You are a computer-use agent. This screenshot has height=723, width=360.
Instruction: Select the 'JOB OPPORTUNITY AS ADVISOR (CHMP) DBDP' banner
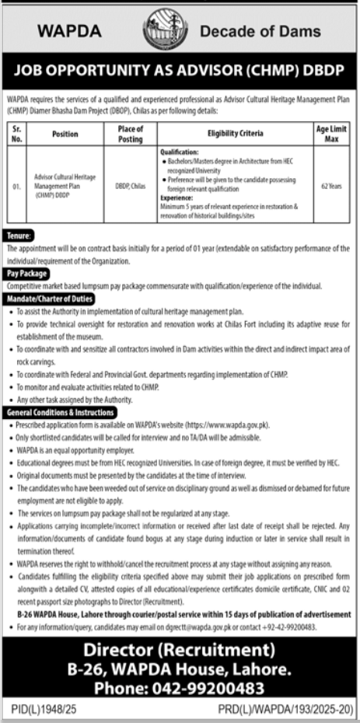[x=180, y=71]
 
